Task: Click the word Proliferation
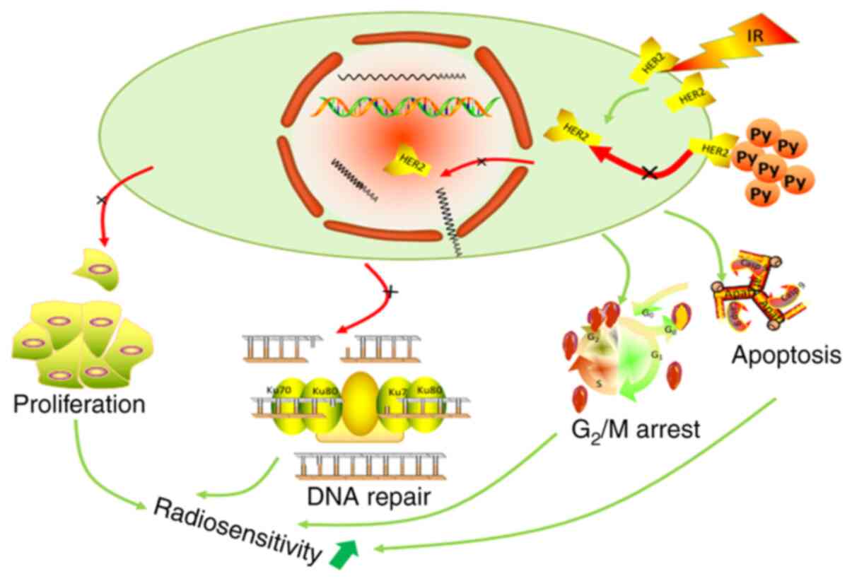click(79, 405)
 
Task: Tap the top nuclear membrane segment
click(400, 44)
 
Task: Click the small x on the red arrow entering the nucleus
click(482, 163)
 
